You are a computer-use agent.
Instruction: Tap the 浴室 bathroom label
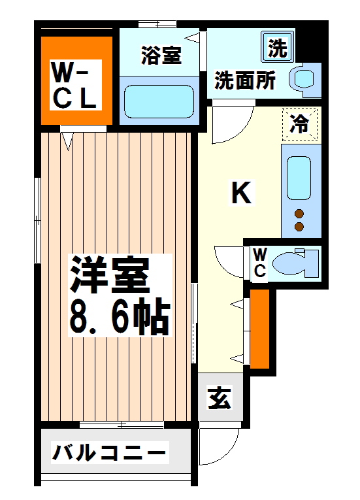pos(161,56)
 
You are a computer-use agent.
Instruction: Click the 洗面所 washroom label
pos(245,82)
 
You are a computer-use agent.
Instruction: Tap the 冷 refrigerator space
pos(300,124)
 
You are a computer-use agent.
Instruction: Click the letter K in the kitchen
pos(241,193)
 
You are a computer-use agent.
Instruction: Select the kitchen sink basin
pos(299,177)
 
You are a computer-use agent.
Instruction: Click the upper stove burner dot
pos(300,213)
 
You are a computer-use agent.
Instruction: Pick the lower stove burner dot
pos(300,226)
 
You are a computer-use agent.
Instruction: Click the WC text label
pos(259,263)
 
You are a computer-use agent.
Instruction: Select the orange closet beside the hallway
pos(260,328)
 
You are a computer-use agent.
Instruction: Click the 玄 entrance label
pos(219,398)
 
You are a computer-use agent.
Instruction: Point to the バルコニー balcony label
pos(109,452)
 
